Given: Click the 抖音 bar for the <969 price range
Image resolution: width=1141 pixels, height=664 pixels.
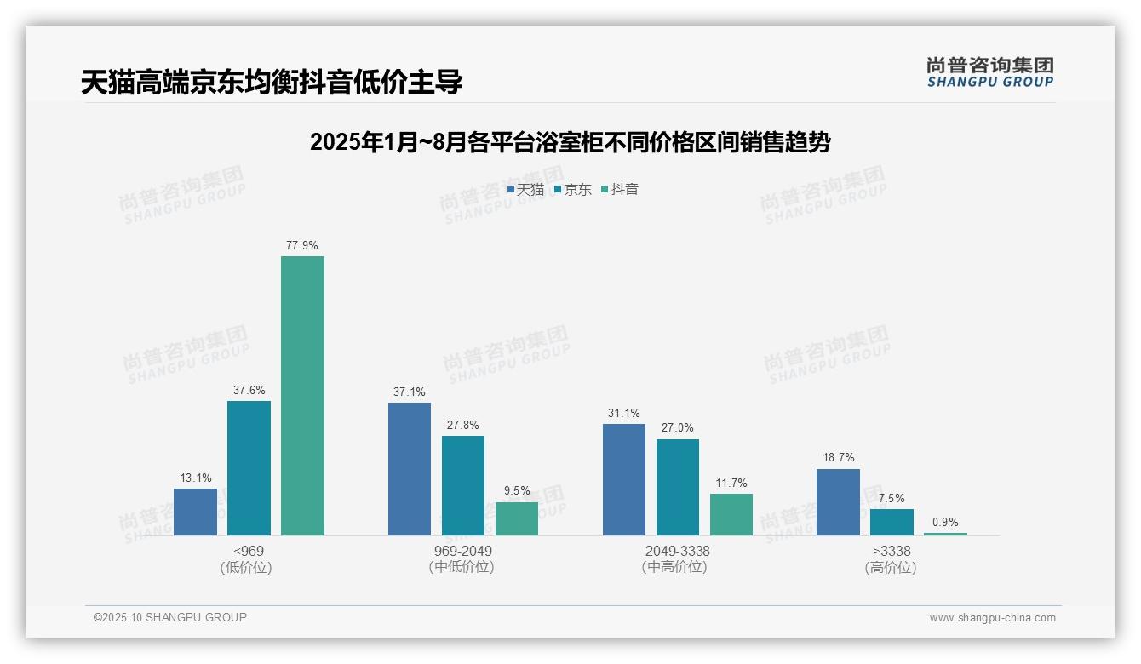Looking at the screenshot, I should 302,396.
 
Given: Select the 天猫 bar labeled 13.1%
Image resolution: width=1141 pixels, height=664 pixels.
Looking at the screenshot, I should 195,512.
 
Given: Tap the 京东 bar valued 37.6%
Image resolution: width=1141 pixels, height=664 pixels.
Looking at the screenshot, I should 249,468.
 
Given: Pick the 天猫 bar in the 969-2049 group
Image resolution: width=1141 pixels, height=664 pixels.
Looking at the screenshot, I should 410,469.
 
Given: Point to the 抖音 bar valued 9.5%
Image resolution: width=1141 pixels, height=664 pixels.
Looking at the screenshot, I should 517,518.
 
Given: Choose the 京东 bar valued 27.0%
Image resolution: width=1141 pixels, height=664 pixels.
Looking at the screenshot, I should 678,487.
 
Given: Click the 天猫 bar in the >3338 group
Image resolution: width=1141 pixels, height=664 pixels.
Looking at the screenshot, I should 838,502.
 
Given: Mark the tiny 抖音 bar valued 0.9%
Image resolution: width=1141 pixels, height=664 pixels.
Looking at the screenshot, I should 945,534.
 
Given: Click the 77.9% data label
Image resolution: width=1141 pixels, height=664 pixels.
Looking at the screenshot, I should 302,245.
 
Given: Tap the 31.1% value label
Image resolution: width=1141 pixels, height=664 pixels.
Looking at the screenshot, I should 624,414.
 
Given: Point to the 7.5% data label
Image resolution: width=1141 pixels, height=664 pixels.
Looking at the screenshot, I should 892,499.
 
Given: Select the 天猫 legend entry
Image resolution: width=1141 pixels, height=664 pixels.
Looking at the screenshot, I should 525,190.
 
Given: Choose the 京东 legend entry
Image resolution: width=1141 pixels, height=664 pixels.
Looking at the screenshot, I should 573,190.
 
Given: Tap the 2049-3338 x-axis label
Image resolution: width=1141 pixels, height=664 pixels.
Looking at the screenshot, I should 677,551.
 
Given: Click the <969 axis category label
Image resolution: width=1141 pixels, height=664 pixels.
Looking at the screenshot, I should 248,551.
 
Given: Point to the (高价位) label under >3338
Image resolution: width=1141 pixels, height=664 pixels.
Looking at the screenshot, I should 891,568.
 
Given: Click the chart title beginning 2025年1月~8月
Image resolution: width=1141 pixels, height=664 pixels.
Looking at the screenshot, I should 570,142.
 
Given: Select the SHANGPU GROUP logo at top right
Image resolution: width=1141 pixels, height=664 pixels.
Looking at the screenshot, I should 989,72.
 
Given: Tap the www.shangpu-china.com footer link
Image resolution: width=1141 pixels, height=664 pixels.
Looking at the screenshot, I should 992,618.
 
